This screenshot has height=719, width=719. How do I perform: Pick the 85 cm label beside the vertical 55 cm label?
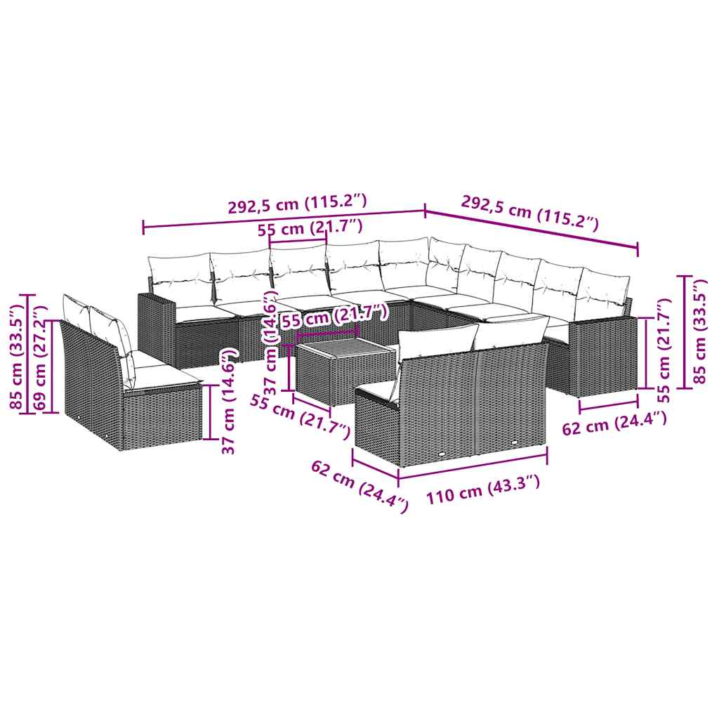[699, 331]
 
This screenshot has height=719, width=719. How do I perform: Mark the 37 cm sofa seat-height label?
[227, 402]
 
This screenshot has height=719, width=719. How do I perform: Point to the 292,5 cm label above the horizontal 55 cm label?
[296, 204]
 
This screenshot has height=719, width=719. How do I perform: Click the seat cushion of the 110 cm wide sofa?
[378, 390]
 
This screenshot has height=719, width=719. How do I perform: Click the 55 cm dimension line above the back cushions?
[298, 242]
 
